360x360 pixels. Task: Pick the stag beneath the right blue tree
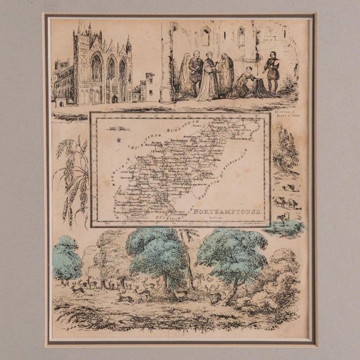[214, 292]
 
